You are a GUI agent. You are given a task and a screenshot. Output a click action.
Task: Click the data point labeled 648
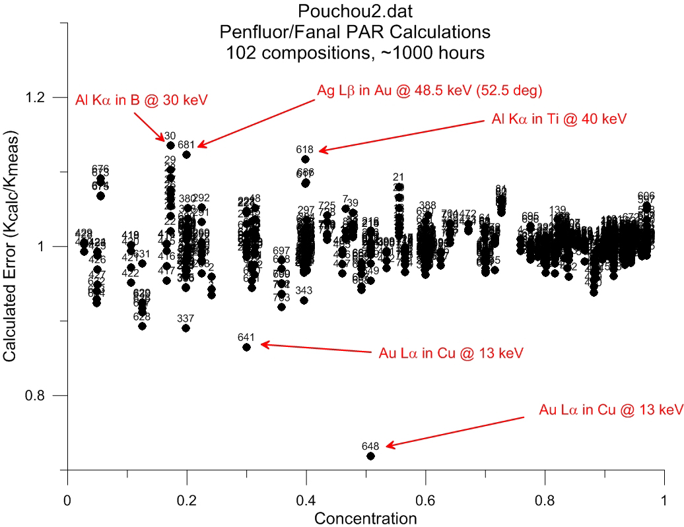click(370, 456)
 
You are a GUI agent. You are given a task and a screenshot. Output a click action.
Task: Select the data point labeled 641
click(246, 347)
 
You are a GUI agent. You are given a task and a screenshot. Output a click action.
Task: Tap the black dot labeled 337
click(186, 328)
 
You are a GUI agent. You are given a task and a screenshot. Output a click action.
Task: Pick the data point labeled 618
click(305, 159)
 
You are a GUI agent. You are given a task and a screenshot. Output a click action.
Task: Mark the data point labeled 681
click(186, 154)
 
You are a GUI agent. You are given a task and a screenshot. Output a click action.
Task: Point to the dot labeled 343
click(304, 300)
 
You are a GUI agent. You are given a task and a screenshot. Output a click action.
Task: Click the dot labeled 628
click(142, 326)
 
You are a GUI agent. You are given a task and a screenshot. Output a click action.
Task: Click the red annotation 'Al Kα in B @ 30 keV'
click(141, 100)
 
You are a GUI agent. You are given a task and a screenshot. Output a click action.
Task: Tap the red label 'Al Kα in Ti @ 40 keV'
click(559, 119)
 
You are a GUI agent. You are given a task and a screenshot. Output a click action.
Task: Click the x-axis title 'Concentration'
click(365, 518)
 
